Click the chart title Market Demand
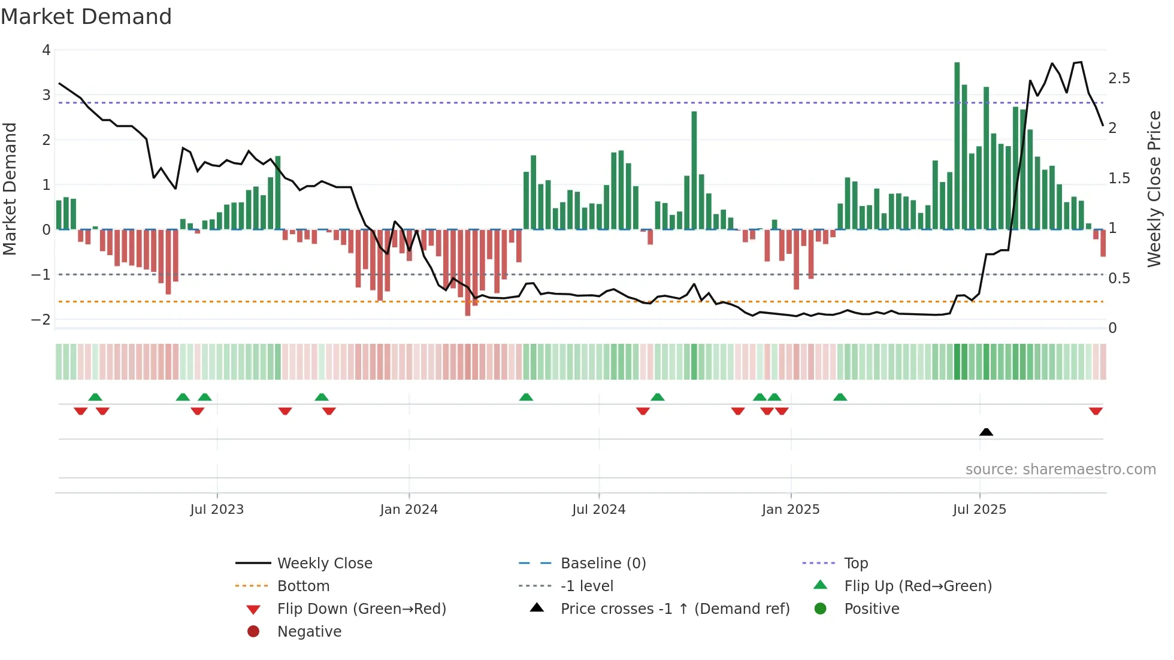point(86,17)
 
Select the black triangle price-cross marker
point(986,432)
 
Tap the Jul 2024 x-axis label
point(598,510)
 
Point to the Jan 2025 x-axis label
point(790,510)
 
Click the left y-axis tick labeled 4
point(46,50)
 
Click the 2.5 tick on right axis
point(1119,78)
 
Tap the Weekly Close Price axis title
point(1154,189)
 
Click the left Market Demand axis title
point(10,189)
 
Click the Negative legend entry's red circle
point(253,632)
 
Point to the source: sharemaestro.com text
point(1060,470)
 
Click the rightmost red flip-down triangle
point(1096,411)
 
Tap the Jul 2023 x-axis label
point(217,510)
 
